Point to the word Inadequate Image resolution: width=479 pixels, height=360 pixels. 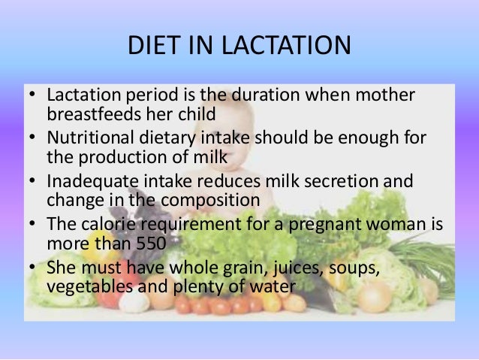(90, 183)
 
